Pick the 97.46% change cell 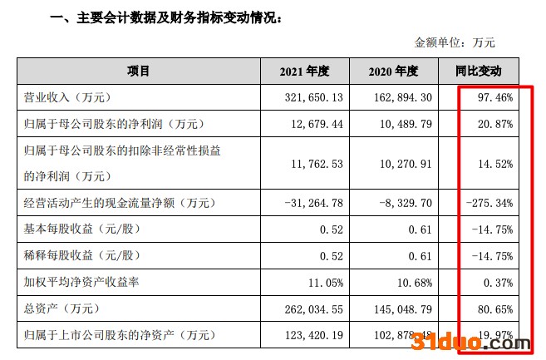495,98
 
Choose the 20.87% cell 495,124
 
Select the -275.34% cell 490,203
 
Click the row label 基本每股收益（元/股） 89,229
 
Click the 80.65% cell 495,308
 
